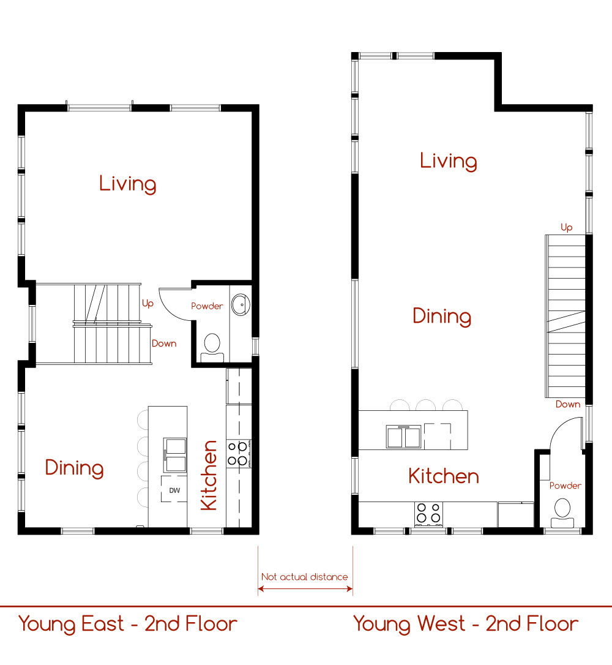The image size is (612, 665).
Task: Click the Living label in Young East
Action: pos(127,184)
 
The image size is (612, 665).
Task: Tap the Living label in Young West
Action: pos(449,161)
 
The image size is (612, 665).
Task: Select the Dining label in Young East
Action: pos(74,468)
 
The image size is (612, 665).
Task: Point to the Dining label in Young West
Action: pos(442,317)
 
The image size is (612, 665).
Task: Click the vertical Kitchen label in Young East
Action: pos(209,475)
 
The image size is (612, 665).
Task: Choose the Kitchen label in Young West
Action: pos(444,476)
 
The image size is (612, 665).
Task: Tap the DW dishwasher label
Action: pos(174,490)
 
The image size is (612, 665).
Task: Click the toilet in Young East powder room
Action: pos(212,348)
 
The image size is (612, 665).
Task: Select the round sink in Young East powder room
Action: pos(241,304)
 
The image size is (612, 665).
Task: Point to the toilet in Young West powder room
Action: pos(562,513)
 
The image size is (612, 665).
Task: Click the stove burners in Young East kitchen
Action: pos(238,453)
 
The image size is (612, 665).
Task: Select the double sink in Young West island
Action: pos(404,437)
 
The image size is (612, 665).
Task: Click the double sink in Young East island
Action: pos(175,455)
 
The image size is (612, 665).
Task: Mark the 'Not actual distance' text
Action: pos(304,577)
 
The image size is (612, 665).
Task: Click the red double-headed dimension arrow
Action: pos(305,588)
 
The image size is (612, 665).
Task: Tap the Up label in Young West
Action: pos(567,228)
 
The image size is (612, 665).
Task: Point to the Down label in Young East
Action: pos(164,343)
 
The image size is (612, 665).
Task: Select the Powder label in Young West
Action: pos(565,486)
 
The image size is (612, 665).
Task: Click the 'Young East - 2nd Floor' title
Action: pos(127,625)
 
